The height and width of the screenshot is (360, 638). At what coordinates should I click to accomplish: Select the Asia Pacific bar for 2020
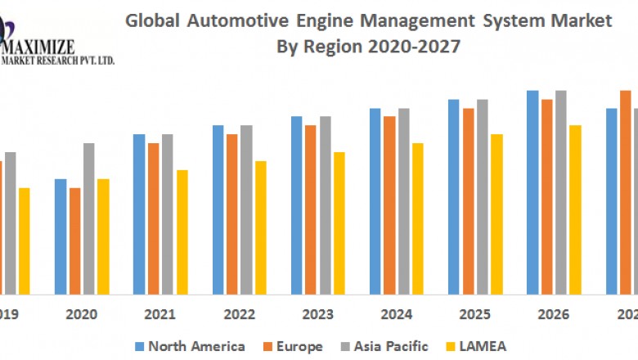(x=89, y=218)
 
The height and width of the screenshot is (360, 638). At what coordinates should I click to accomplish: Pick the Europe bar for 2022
(x=232, y=214)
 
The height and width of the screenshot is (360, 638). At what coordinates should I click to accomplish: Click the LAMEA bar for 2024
(x=418, y=218)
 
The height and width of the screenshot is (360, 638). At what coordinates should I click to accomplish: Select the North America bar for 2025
(x=454, y=196)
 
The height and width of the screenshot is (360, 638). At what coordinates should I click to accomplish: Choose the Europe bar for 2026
(x=546, y=196)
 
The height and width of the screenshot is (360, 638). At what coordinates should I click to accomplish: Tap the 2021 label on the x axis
(x=159, y=314)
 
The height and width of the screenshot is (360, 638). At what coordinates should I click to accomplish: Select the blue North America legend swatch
(x=140, y=347)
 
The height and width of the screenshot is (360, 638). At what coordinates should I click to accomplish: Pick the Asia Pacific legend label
(x=391, y=347)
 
